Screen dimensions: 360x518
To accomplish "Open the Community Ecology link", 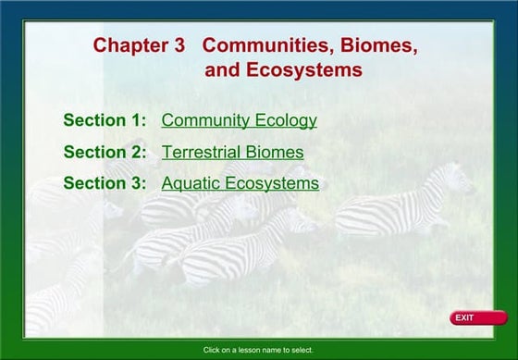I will (239, 120).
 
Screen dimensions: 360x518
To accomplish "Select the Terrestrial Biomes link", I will (232, 152).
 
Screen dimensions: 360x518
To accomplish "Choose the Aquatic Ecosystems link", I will (240, 183).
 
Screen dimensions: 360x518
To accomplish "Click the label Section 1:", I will (105, 120).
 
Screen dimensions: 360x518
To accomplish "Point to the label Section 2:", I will (105, 152).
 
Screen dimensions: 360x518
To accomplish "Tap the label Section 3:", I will (105, 183).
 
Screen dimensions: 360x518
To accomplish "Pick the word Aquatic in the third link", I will (190, 183).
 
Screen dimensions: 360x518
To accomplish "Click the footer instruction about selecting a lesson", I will (258, 350).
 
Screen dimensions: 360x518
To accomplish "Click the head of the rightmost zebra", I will (458, 179).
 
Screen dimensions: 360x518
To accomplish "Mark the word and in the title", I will (222, 70).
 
